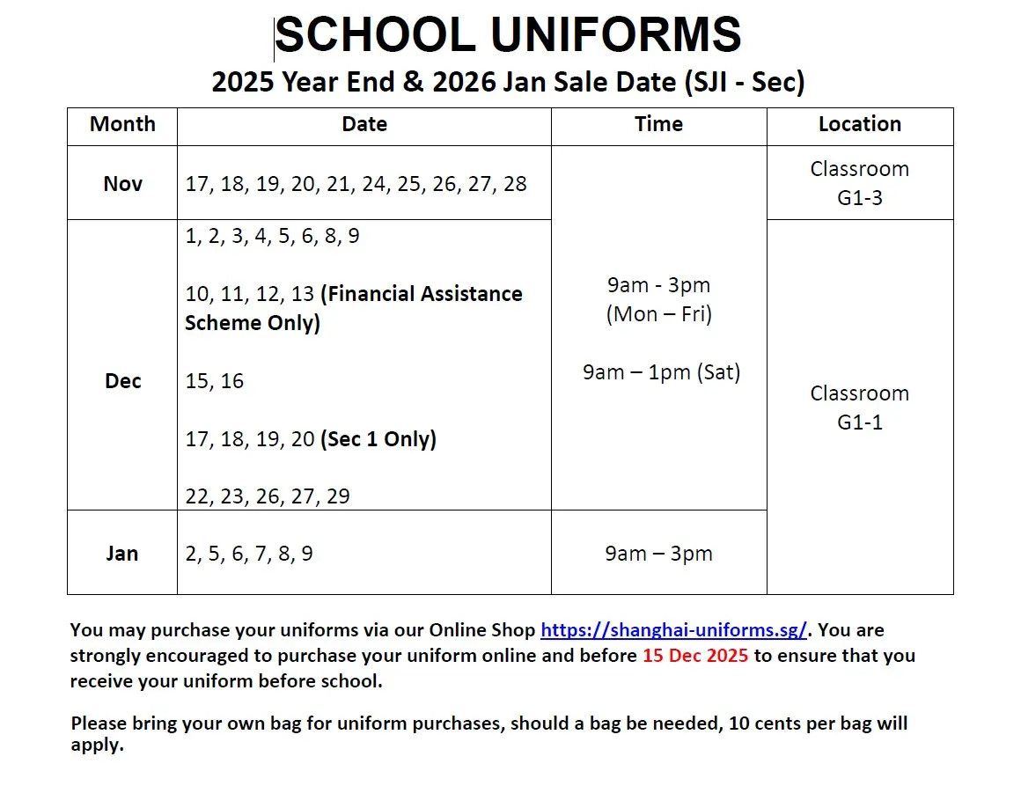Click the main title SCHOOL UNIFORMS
[x=509, y=36]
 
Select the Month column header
[x=122, y=124]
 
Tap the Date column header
[x=364, y=124]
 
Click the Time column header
[x=658, y=124]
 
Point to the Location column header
[x=860, y=124]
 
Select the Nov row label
[x=122, y=183]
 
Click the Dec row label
[x=122, y=381]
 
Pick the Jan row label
[x=122, y=554]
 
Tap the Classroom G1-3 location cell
[x=860, y=183]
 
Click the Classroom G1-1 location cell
[x=860, y=408]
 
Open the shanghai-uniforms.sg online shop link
[x=673, y=630]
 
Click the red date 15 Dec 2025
[x=695, y=656]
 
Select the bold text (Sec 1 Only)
[x=378, y=438]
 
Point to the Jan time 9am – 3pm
[x=658, y=554]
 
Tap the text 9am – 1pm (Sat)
[x=661, y=372]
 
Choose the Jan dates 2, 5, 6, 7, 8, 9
[x=249, y=554]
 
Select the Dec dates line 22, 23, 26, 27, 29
[x=268, y=496]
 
